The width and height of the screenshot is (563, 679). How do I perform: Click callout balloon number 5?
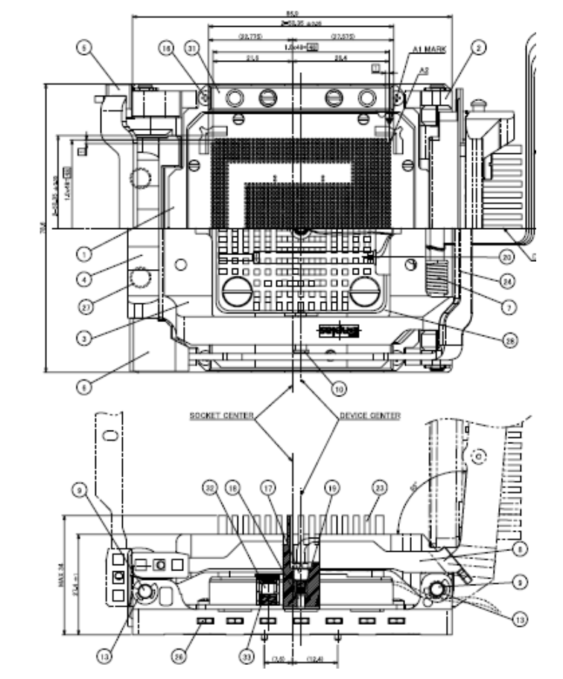86,48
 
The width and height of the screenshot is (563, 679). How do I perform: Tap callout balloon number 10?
338,387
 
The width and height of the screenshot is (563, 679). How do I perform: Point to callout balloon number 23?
381,489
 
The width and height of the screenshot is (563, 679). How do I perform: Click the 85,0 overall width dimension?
292,13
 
